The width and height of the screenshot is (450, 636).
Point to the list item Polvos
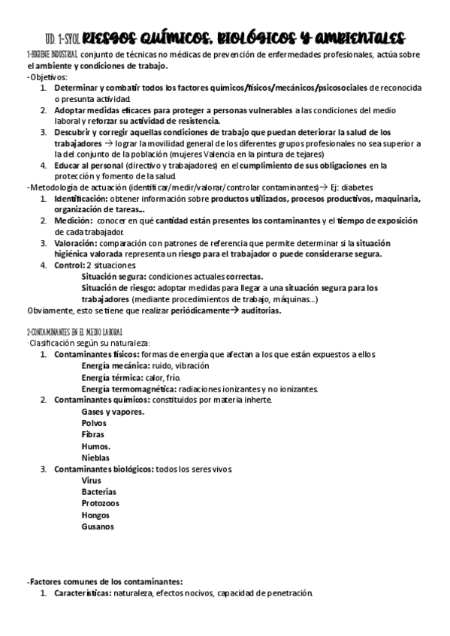click(94, 423)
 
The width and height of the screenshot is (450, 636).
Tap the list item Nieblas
click(95, 457)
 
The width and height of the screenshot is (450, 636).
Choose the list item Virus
click(91, 480)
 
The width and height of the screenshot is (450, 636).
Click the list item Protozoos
click(100, 503)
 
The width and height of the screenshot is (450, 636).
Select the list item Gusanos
click(98, 526)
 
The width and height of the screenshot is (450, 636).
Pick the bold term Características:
click(82, 593)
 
